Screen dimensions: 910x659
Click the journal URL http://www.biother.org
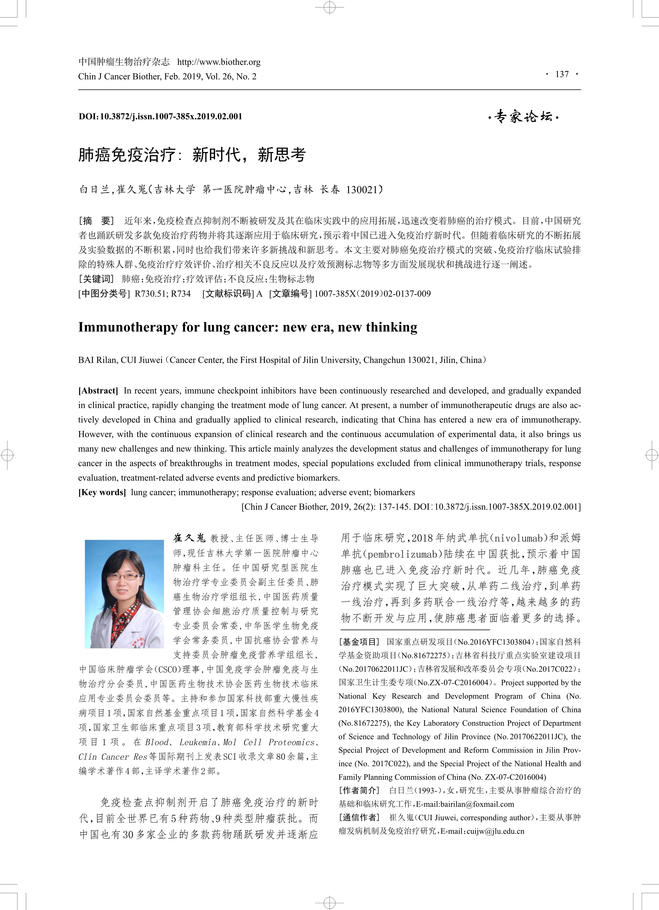(219, 62)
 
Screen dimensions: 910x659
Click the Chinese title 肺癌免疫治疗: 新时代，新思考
(192, 155)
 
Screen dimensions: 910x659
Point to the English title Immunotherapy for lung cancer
(248, 327)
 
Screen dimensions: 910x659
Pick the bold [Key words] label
(102, 492)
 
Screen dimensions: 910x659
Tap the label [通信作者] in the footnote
(359, 817)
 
